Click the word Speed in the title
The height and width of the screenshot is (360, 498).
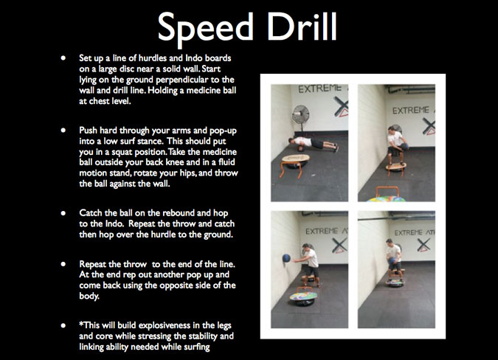point(206,28)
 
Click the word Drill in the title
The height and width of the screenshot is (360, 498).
point(302,26)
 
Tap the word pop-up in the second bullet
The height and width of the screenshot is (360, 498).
point(223,131)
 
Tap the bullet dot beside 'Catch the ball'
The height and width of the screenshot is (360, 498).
point(63,213)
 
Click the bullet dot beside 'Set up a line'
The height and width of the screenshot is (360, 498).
point(63,58)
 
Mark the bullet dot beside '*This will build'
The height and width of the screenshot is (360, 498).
point(63,325)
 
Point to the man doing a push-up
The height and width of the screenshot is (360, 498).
point(313,144)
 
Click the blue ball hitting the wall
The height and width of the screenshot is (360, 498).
point(286,257)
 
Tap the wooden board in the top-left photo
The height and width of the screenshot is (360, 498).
point(295,158)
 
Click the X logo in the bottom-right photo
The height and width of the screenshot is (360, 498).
point(423,245)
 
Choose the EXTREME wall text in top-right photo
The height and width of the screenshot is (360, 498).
point(410,111)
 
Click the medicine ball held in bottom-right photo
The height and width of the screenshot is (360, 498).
point(392,260)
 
